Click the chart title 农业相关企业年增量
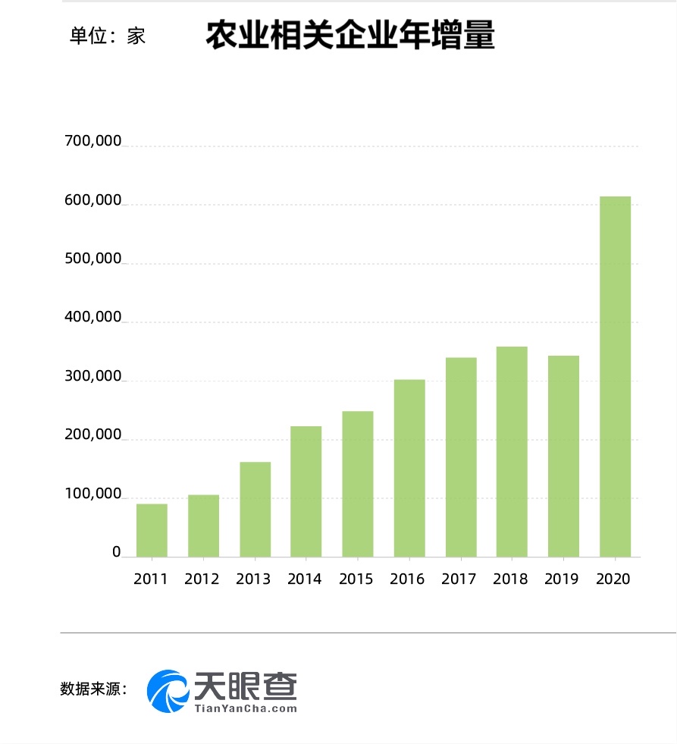(x=349, y=36)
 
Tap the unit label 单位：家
(x=108, y=36)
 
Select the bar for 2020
(x=615, y=376)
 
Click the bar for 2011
(x=152, y=530)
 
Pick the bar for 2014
(x=306, y=491)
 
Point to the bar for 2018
(x=512, y=451)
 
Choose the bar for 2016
(x=409, y=468)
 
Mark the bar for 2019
(x=563, y=456)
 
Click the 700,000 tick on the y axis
(x=93, y=142)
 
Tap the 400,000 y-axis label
(x=93, y=318)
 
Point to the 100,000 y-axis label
(x=93, y=494)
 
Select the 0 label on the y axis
(x=117, y=553)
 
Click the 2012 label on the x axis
(x=202, y=579)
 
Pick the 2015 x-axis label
(x=356, y=579)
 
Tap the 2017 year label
(x=459, y=579)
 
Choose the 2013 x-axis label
(x=253, y=579)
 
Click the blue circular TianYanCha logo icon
(x=168, y=691)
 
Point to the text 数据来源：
(x=93, y=689)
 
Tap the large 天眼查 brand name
(x=246, y=686)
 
